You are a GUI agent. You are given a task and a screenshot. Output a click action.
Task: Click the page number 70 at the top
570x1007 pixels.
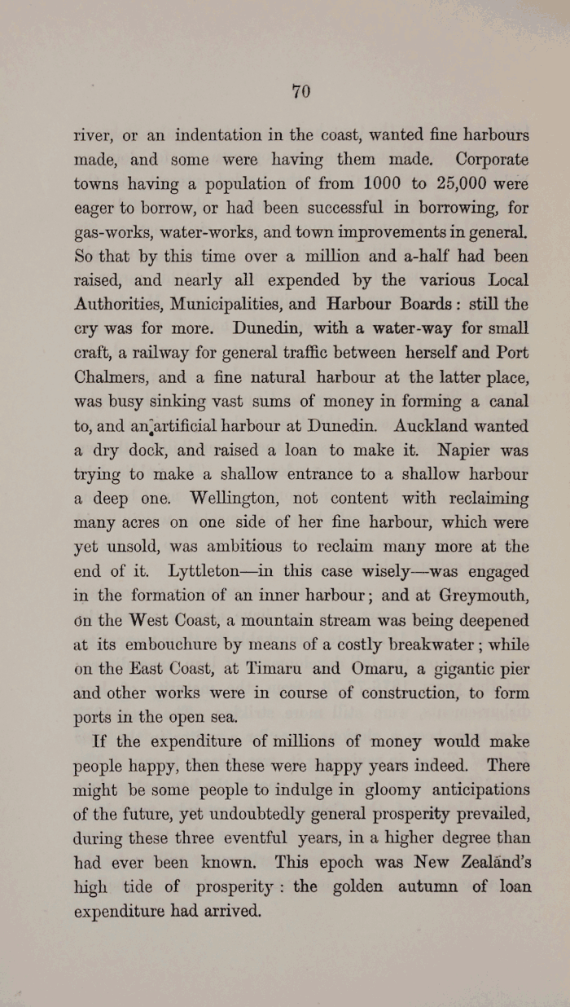301,92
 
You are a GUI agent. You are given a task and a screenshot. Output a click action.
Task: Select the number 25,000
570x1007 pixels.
457,184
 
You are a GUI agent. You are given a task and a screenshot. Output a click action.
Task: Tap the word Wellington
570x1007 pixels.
230,498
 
